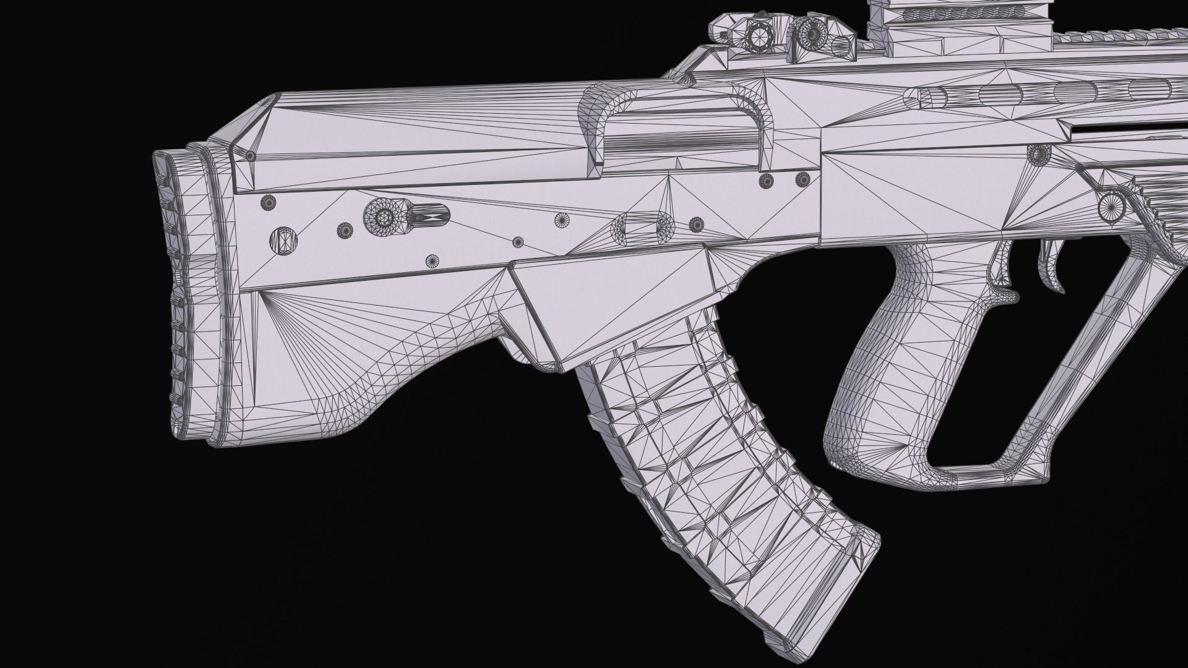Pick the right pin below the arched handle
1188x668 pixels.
(x=803, y=179)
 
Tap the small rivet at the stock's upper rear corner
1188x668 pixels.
(x=250, y=156)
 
